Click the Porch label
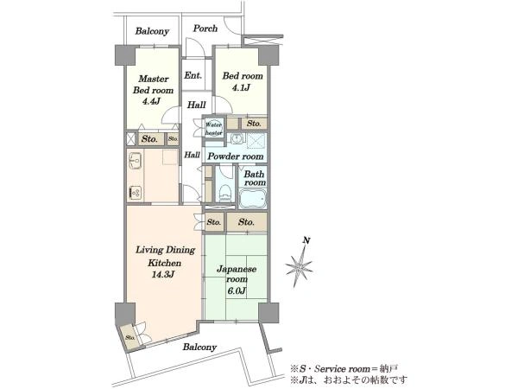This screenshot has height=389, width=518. point(205,29)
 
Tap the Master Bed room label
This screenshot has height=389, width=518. point(154,85)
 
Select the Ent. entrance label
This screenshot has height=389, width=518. point(193,75)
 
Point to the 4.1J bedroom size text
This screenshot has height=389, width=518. point(242,87)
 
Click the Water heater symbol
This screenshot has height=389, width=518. point(214,129)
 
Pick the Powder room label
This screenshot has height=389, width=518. point(235,156)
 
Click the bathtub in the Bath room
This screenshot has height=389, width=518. point(253,199)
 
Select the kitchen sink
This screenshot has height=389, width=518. point(135,161)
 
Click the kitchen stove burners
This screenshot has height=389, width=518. point(136,193)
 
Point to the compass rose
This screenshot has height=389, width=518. point(299,266)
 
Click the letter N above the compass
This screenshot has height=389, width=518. point(306,241)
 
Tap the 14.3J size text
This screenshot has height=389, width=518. point(162,274)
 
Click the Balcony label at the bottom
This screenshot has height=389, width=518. point(199,347)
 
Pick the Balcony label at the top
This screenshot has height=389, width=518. point(152,31)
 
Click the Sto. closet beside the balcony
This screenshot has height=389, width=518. point(129,338)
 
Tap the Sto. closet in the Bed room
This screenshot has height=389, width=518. point(254,124)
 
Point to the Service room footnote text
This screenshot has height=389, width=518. point(344,368)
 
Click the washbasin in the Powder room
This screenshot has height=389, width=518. point(237,139)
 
